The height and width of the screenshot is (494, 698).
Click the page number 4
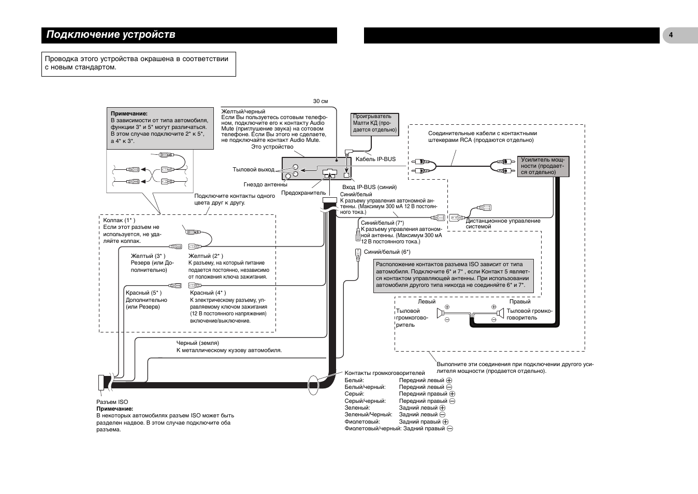(671, 35)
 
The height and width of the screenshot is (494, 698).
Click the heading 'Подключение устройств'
(111, 35)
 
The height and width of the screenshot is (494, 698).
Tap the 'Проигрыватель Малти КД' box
(375, 124)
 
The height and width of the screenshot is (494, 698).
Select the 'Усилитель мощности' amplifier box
(543, 166)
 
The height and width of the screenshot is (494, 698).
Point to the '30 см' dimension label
(321, 101)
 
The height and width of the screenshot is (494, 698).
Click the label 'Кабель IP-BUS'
(375, 159)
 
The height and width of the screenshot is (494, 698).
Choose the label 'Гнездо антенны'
(265, 184)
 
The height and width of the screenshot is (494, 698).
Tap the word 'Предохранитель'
(303, 193)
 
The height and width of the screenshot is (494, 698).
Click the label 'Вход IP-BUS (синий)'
(369, 187)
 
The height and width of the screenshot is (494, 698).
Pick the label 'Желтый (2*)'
(206, 256)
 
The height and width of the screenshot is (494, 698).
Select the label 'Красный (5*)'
(143, 293)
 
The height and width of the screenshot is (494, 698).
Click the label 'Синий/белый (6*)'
(387, 252)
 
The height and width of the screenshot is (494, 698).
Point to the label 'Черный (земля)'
(198, 343)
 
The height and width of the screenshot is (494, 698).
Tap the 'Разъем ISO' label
(112, 402)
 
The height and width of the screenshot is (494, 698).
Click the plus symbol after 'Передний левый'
(449, 380)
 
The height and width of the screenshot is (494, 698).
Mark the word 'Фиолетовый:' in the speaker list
(362, 422)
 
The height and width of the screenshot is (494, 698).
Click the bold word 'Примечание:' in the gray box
(129, 114)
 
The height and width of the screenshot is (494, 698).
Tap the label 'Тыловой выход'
(253, 169)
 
